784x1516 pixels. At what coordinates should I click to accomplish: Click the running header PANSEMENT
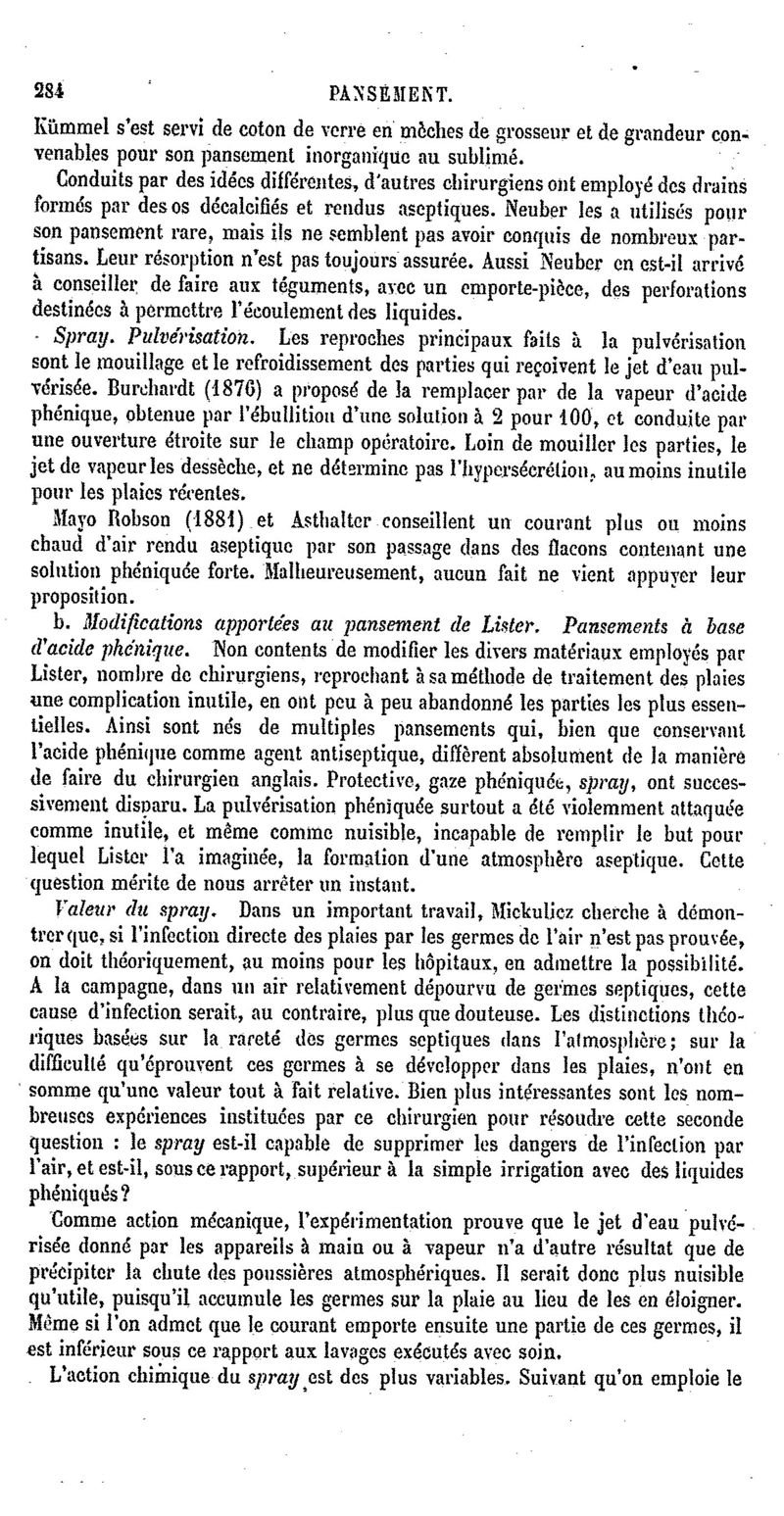tap(390, 94)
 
